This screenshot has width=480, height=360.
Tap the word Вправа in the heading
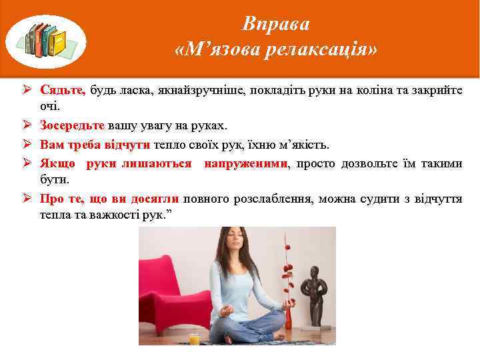pyautogui.click(x=276, y=24)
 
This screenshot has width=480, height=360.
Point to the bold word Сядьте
pyautogui.click(x=62, y=90)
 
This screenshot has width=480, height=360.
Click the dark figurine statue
pyautogui.click(x=314, y=293)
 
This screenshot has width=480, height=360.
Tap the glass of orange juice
pyautogui.click(x=194, y=338)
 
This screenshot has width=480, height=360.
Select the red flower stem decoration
pyautogui.click(x=287, y=273)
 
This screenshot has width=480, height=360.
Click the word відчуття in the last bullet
pyautogui.click(x=439, y=199)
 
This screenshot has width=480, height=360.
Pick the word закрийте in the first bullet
pyautogui.click(x=438, y=90)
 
